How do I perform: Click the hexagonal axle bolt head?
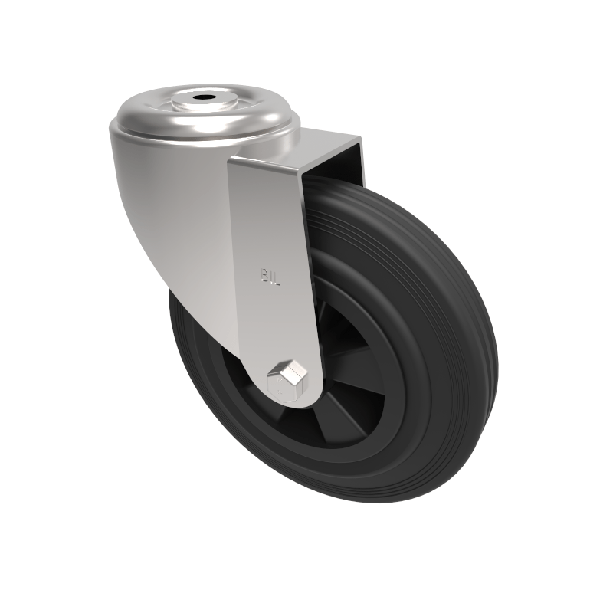286,375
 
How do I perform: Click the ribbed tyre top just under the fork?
337,192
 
